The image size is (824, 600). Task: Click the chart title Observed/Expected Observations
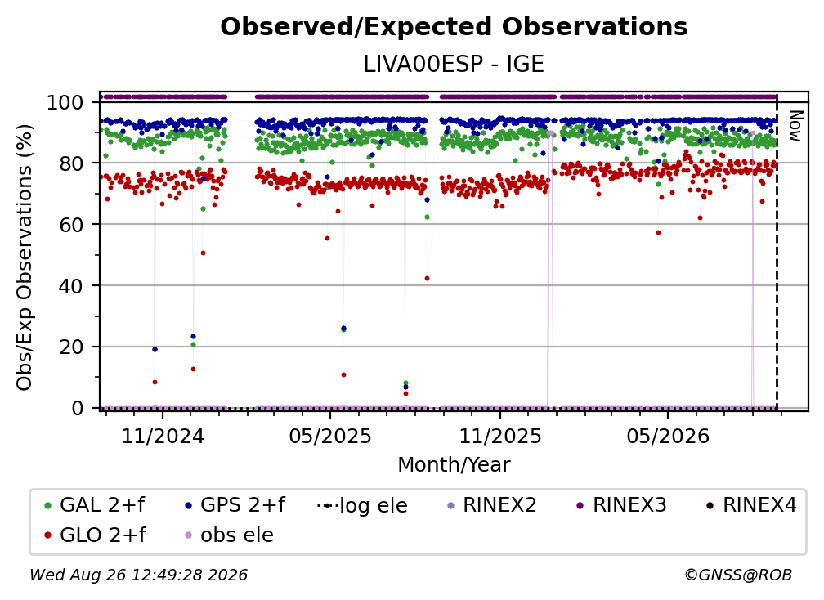click(454, 27)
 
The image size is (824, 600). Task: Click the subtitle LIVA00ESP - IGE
click(454, 64)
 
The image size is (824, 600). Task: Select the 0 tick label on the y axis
click(77, 408)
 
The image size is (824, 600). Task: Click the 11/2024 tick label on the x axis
click(163, 436)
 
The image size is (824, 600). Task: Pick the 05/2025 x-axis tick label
click(330, 436)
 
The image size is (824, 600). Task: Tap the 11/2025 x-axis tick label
click(499, 436)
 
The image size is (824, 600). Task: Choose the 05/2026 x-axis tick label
click(667, 436)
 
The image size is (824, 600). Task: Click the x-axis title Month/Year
click(454, 465)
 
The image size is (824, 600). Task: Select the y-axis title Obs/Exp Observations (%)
click(25, 257)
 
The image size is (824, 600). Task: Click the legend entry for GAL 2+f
click(95, 505)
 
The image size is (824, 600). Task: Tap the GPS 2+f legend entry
click(235, 505)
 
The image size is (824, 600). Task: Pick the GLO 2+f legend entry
click(95, 535)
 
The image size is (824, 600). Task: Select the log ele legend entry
click(363, 505)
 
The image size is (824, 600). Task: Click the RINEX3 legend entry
click(621, 505)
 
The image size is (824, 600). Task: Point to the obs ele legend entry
click(226, 535)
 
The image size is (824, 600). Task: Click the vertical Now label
click(795, 126)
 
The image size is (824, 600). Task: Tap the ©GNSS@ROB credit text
click(738, 575)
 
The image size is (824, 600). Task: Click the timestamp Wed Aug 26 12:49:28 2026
click(139, 575)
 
